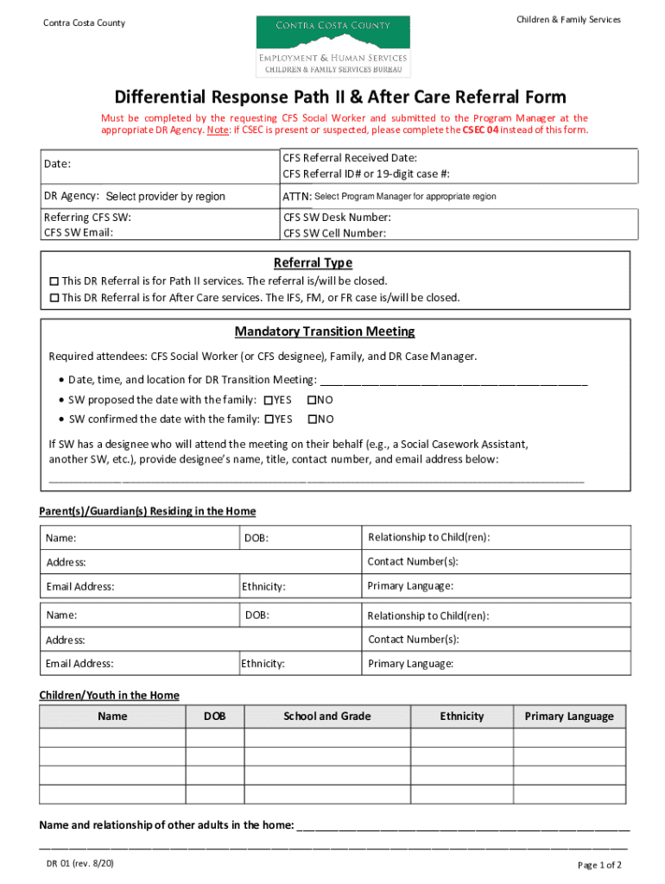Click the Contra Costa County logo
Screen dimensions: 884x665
[x=332, y=46]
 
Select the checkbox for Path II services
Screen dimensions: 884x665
[x=54, y=281]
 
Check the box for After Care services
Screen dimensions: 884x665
[x=54, y=298]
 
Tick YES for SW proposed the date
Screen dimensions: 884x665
[x=268, y=401]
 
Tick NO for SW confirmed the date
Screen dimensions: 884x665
[x=312, y=420]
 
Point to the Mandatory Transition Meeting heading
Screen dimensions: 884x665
[x=325, y=331]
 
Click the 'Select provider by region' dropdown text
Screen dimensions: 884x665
[x=165, y=197]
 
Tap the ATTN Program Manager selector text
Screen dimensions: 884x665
[x=405, y=197]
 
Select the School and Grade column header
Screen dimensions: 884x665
[x=327, y=717]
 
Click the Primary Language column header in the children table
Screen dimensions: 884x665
[x=569, y=717]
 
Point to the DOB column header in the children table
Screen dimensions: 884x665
[x=215, y=717]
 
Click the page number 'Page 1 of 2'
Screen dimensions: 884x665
[x=598, y=866]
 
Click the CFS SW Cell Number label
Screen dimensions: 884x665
[x=335, y=233]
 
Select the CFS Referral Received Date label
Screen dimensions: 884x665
[x=350, y=158]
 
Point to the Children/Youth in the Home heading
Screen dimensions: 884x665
[x=109, y=695]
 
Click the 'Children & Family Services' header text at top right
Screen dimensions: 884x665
[x=567, y=20]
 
